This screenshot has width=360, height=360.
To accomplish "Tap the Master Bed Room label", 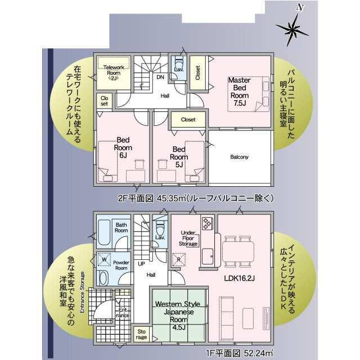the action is coord(240,92).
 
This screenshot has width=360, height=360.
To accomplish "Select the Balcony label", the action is coord(239,157).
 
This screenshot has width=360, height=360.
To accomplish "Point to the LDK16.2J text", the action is coord(239,278).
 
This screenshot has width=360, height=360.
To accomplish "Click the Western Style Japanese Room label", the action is coord(178,316).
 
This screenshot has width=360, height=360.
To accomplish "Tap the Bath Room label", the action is coord(121,227).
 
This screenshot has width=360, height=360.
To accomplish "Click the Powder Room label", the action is coord(121,265).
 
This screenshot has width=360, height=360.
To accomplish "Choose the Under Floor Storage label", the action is coord(188,238).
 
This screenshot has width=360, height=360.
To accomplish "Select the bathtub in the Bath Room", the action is coord(104,232).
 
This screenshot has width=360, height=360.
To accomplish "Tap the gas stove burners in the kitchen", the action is coord(208,223).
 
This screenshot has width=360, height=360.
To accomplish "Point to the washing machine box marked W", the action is coord(104,259).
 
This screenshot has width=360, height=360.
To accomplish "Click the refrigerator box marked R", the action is coord(179,260).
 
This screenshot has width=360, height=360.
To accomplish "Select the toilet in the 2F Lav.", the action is coord(179,62).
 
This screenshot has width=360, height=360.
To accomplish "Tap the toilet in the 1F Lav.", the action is coord(160,228).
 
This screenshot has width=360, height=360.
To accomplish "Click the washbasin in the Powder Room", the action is coord(103,278).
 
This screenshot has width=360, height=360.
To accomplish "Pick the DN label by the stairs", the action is coord(160,77).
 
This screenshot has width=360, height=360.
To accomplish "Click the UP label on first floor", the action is coord(141,264).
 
